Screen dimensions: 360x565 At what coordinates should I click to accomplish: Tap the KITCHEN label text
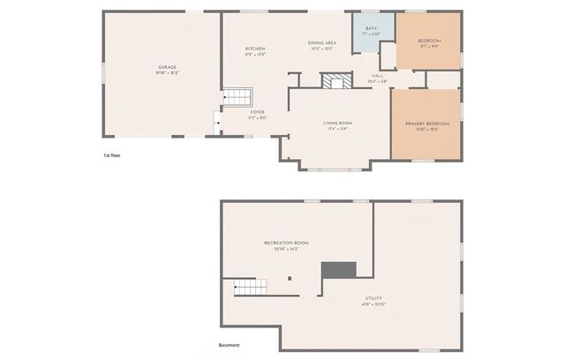(255, 49)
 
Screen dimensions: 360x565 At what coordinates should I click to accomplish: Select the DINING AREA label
(321, 43)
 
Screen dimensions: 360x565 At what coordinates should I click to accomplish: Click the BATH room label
(371, 29)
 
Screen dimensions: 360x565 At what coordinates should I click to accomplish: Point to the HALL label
(377, 77)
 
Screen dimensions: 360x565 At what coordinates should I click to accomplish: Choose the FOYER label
(257, 112)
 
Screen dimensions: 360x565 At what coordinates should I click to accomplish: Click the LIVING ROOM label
(338, 123)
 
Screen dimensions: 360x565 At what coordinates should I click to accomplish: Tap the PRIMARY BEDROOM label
(427, 124)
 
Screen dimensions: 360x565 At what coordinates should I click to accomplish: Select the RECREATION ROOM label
(286, 243)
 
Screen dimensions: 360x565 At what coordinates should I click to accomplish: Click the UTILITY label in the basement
(373, 298)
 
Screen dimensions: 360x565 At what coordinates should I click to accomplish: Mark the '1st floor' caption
(112, 155)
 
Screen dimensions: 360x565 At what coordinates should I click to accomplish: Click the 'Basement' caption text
(229, 345)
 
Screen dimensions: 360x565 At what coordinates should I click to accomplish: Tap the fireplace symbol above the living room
(335, 82)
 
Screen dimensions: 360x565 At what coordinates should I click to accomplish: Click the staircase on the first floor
(237, 97)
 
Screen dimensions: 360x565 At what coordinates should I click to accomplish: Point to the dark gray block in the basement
(338, 270)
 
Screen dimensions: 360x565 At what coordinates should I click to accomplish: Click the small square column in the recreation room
(290, 279)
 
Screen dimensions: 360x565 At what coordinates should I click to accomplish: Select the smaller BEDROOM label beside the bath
(429, 41)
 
